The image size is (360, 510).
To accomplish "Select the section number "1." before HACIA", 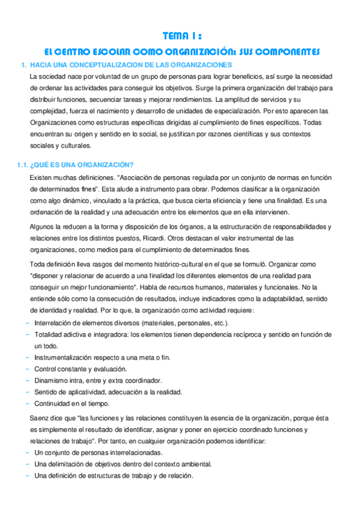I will [x=23, y=64].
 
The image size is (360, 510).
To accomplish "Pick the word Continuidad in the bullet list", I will [x=51, y=403].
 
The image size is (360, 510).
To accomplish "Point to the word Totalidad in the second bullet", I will [x=48, y=334].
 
